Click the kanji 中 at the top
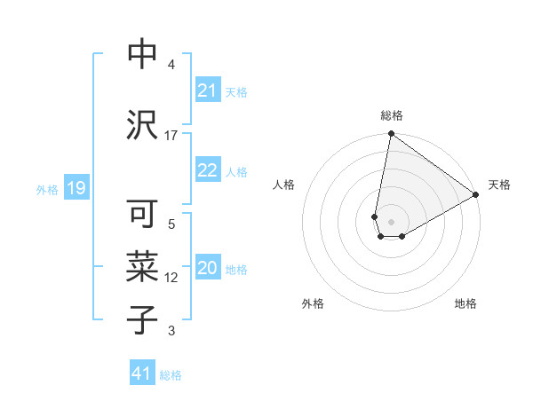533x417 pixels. coord(142,54)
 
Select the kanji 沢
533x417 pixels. coord(142,125)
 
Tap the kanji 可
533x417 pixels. coord(142,214)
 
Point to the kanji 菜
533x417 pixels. coord(142,267)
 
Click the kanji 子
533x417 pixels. coord(142,320)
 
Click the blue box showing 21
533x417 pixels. coord(207,90)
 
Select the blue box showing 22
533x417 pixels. coord(207,170)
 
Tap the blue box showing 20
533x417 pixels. coord(207,268)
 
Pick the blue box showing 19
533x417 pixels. coord(76,188)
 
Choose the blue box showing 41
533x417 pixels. coord(142,374)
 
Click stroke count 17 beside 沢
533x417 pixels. coord(171,135)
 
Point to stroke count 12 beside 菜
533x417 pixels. coord(171,278)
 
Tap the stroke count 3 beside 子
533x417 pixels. coord(171,331)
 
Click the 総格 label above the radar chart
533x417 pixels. coord(391,115)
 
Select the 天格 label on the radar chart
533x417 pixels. coord(499,185)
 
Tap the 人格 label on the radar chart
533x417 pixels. coord(283,185)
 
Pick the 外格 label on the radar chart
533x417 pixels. coord(312,303)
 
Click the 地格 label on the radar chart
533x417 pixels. coord(465,303)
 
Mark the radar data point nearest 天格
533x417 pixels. coord(476,195)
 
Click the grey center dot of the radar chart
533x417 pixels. coord(391,220)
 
